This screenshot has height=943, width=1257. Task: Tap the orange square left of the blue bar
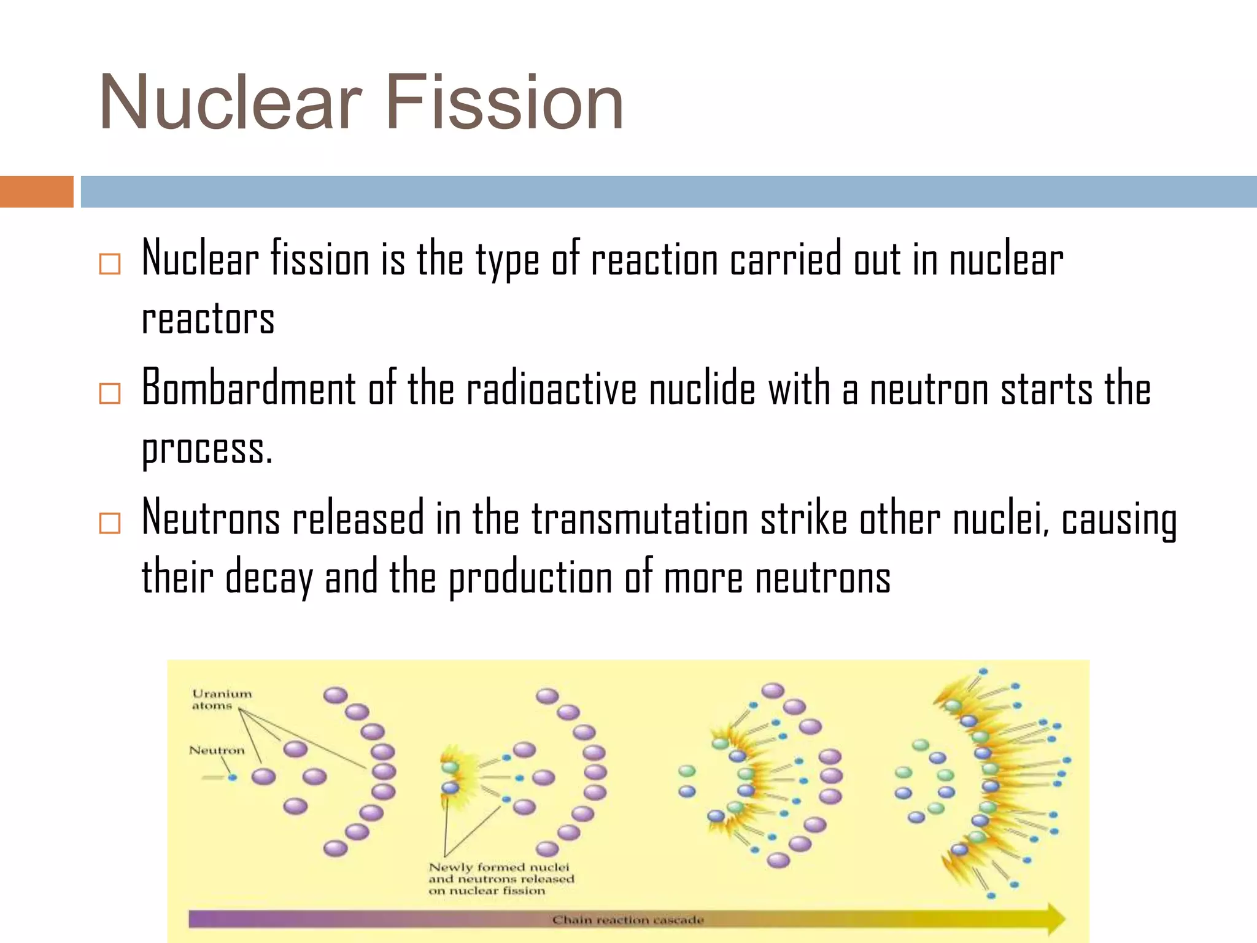click(36, 192)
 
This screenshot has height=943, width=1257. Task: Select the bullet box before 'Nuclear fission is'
click(110, 264)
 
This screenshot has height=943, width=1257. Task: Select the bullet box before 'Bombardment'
click(110, 393)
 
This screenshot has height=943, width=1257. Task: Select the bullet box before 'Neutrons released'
click(110, 523)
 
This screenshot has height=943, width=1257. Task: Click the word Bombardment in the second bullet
click(249, 388)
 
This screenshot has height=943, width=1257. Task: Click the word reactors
click(208, 319)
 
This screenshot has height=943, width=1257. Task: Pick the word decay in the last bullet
click(269, 578)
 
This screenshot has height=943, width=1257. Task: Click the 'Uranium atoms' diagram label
click(221, 699)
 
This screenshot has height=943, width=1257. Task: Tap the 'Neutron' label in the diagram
click(216, 750)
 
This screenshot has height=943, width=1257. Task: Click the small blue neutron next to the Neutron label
click(233, 777)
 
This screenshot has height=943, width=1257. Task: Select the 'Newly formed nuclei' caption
click(500, 879)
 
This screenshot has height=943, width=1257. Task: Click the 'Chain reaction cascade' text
click(627, 920)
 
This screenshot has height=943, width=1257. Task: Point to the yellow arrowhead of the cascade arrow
click(1053, 919)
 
